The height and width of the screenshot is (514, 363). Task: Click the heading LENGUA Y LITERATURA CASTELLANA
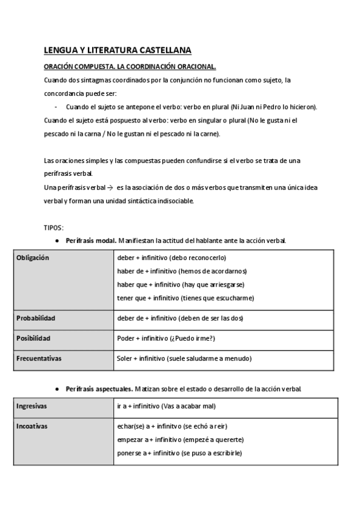(118, 50)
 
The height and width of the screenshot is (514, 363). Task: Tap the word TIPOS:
(53, 228)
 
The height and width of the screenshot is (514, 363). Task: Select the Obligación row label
(33, 258)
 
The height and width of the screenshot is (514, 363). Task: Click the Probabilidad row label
(36, 318)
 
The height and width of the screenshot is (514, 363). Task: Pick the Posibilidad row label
(33, 338)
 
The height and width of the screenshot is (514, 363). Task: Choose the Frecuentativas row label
(39, 358)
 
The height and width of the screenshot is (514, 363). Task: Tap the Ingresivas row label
(32, 406)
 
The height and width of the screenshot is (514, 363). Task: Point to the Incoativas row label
(32, 426)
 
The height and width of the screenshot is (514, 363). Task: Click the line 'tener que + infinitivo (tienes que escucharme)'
(185, 298)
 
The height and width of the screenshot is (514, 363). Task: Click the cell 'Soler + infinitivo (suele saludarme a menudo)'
(184, 358)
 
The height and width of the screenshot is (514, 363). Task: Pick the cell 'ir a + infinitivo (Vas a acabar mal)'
(166, 406)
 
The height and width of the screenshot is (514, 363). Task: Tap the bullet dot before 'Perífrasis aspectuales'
(56, 388)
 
